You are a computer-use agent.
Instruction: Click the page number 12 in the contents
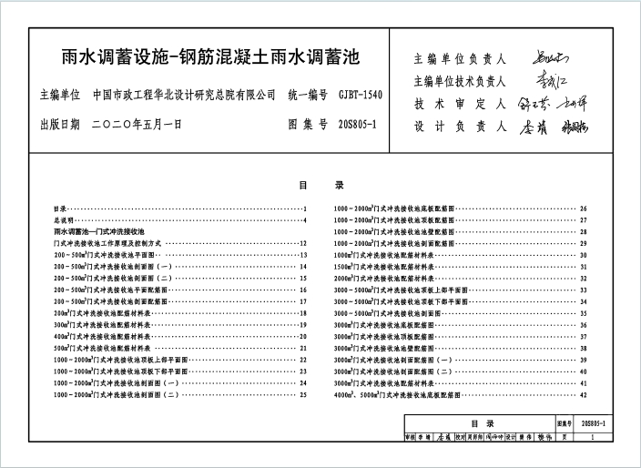pyautogui.click(x=303, y=243)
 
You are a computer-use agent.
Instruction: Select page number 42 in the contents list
pyautogui.click(x=583, y=395)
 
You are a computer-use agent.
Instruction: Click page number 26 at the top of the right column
pyautogui.click(x=583, y=209)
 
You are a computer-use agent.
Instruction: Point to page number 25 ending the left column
pyautogui.click(x=303, y=395)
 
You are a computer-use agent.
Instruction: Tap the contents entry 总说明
pyautogui.click(x=64, y=220)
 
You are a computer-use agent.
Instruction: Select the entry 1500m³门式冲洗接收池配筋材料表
pyautogui.click(x=383, y=267)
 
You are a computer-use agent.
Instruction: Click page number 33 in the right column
pyautogui.click(x=583, y=290)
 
